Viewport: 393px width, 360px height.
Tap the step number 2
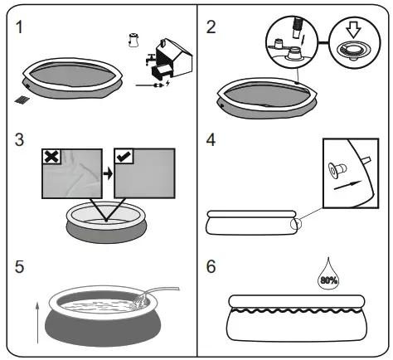(211, 27)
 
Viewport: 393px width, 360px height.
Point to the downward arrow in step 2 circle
(352, 38)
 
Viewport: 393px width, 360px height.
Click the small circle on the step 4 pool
(294, 223)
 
